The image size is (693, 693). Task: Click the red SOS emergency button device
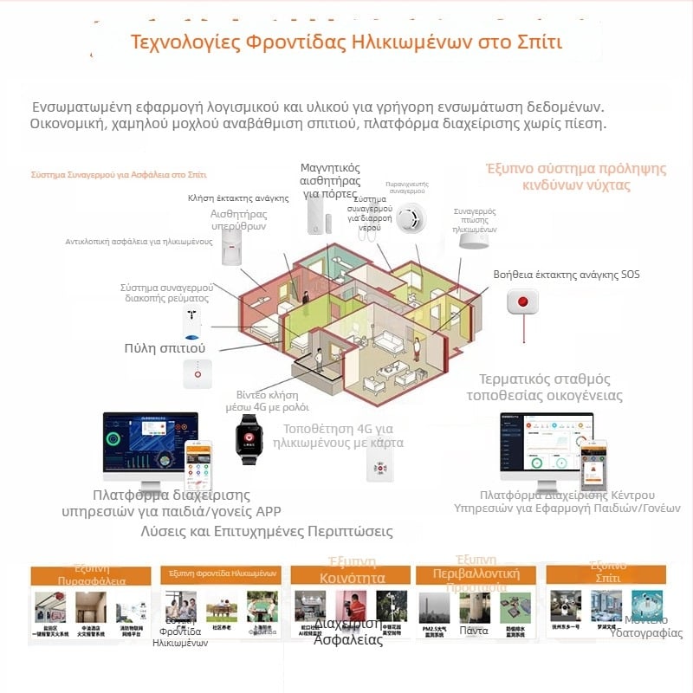pyautogui.click(x=522, y=302)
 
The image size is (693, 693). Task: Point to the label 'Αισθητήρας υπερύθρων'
pyautogui.click(x=238, y=219)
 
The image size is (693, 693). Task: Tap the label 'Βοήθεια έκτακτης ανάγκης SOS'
pyautogui.click(x=567, y=275)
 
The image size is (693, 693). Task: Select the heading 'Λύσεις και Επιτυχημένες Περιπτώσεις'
pyautogui.click(x=267, y=531)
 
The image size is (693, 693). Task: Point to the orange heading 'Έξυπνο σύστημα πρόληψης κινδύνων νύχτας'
pyautogui.click(x=575, y=177)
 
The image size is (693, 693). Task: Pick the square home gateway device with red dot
pyautogui.click(x=198, y=374)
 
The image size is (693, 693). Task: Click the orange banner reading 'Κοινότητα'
pyautogui.click(x=352, y=578)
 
